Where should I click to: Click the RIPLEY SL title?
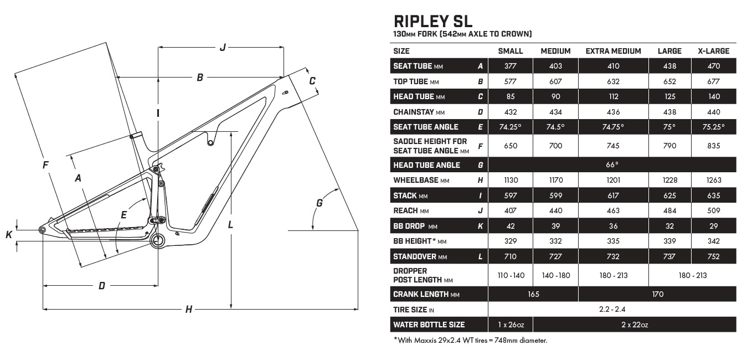(x=433, y=21)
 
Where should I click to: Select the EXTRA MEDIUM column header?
(x=613, y=51)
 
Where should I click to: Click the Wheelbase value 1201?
(x=613, y=180)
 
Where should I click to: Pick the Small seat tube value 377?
(x=510, y=66)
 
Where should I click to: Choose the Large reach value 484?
(x=669, y=210)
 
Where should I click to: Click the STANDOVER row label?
(x=415, y=256)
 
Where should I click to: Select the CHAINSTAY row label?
(x=417, y=112)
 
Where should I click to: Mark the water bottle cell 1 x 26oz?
(x=510, y=325)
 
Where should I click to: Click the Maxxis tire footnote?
(x=470, y=340)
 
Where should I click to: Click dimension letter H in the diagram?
(x=189, y=309)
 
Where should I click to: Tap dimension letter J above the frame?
(x=223, y=47)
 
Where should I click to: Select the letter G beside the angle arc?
(x=320, y=203)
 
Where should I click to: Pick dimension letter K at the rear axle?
(x=9, y=235)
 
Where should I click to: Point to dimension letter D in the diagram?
(x=102, y=286)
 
